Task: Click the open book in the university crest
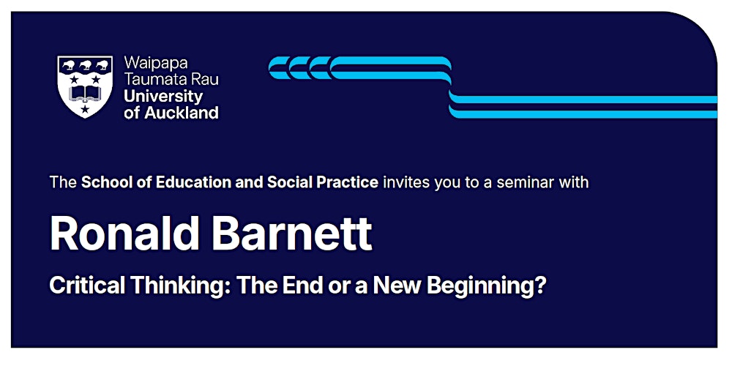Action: (x=86, y=93)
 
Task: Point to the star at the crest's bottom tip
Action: (x=86, y=110)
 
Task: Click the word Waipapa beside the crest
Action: (x=156, y=63)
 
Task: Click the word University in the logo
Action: (x=163, y=97)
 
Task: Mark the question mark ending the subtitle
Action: (x=541, y=285)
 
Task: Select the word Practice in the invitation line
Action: (x=350, y=182)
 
